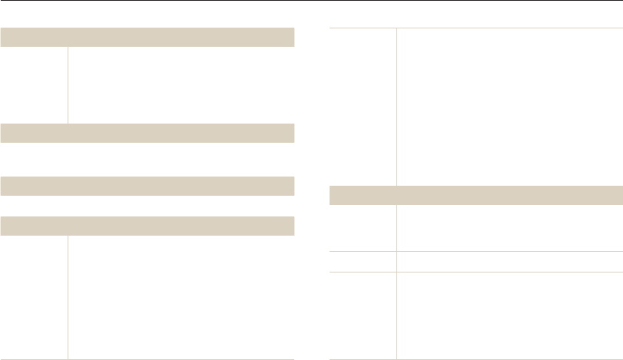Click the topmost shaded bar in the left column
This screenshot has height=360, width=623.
147,38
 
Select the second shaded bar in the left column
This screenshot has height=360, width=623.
147,133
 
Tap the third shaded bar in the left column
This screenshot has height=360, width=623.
147,186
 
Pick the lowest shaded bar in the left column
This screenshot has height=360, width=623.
147,226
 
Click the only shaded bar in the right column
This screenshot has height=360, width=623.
476,195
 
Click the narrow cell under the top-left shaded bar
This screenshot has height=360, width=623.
34,85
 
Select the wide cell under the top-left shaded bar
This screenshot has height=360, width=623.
181,85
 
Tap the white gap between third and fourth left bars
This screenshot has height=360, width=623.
147,206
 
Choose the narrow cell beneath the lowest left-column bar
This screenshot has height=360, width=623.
34,296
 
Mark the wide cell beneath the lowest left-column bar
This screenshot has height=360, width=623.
181,296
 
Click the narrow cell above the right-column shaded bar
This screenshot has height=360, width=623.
363,107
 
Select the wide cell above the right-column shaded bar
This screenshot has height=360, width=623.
509,107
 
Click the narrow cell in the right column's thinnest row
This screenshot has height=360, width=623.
363,261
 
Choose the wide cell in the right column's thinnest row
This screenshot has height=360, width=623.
509,261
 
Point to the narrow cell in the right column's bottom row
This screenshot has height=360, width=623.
363,315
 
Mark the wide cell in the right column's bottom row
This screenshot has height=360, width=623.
509,315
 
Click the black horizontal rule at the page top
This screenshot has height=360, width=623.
311,2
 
